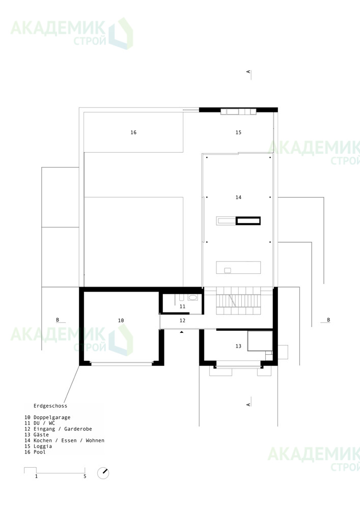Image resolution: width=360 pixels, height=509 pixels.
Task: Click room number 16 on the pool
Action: click(x=133, y=132)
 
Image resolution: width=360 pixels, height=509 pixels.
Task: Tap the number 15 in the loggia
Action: click(x=239, y=132)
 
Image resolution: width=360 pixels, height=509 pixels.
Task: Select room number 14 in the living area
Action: click(x=239, y=197)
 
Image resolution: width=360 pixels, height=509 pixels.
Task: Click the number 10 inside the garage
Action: click(x=121, y=320)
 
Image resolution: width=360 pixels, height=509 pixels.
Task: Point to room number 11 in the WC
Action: click(x=182, y=306)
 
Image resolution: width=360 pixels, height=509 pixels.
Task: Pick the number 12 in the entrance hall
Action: click(x=182, y=320)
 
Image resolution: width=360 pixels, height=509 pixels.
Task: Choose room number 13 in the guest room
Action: click(x=239, y=346)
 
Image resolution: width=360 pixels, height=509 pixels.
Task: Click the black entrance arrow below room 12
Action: click(x=182, y=332)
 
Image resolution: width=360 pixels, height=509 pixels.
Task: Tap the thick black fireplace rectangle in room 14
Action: click(x=248, y=221)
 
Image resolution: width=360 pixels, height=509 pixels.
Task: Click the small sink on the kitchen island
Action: click(x=228, y=270)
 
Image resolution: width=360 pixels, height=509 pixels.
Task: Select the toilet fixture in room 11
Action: click(x=192, y=297)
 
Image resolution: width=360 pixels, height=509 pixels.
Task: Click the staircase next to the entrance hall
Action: click(x=239, y=301)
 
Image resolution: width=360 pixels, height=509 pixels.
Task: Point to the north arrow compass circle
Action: click(x=103, y=473)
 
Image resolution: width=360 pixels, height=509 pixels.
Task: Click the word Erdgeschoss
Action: click(x=50, y=406)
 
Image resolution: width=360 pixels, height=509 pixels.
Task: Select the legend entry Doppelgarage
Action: click(x=52, y=417)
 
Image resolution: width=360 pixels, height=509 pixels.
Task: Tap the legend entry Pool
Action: click(x=40, y=452)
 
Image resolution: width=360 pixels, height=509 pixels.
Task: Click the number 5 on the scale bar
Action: click(x=85, y=476)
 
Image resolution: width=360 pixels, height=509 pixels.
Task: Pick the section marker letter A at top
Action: click(x=248, y=72)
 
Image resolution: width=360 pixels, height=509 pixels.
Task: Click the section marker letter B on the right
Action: click(x=328, y=320)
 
